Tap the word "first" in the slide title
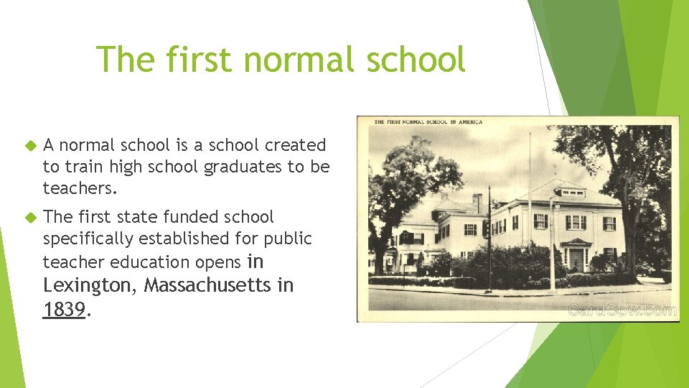pos(202,59)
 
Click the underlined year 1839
pos(64,310)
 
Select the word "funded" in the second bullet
pos(194,216)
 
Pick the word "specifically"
pos(90,238)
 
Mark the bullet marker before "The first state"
pos(29,217)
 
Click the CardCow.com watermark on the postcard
pos(622,310)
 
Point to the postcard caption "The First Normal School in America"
pos(428,122)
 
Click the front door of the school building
pos(576,259)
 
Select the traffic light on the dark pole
pos(486,228)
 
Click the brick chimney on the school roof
pos(477,203)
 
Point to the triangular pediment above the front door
pos(576,242)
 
